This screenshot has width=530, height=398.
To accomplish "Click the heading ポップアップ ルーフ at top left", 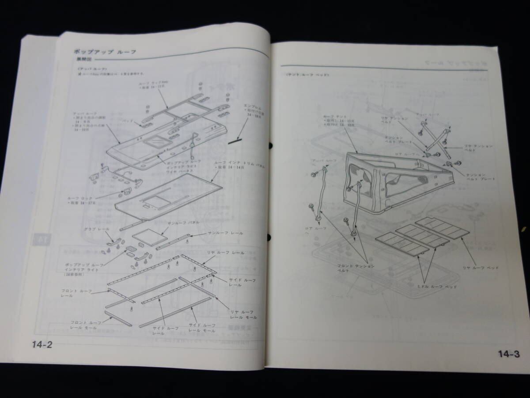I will tap(99, 52).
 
